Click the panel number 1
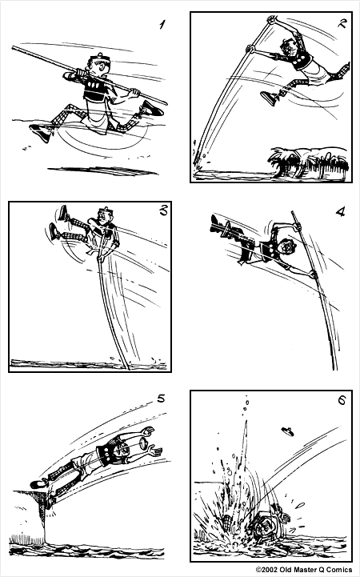[x=162, y=25]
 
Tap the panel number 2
[x=342, y=23]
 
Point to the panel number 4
[x=341, y=211]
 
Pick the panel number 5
[x=161, y=399]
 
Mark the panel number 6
[x=342, y=399]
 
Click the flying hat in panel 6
[x=287, y=431]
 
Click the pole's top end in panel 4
[x=292, y=213]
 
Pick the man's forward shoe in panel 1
[x=152, y=108]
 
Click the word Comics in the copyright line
[x=338, y=570]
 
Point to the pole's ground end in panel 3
[x=128, y=367]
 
